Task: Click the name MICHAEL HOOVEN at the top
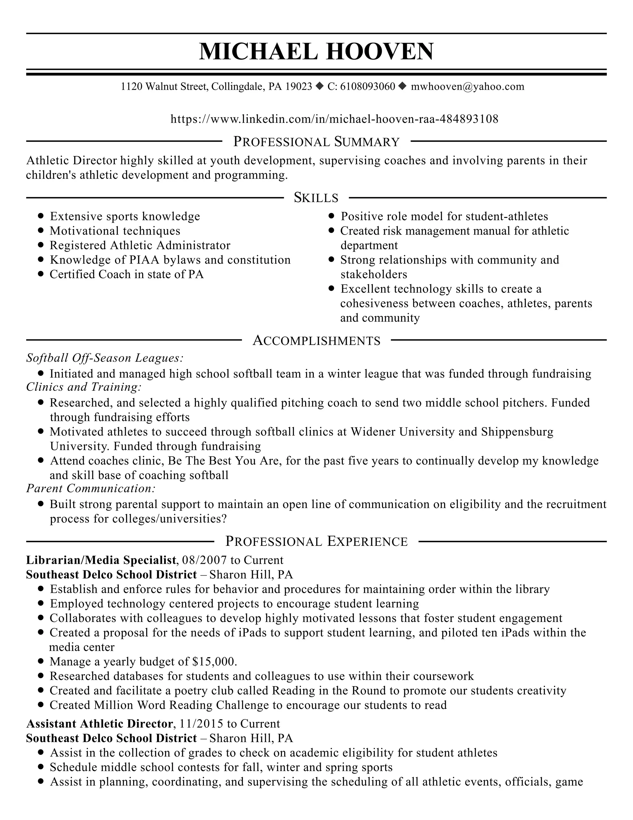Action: (316, 51)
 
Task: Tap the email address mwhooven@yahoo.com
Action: (467, 87)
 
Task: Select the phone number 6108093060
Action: (367, 87)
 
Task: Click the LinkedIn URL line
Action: (334, 119)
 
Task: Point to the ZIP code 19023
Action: (299, 87)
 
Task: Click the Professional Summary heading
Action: (316, 141)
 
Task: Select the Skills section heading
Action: (316, 197)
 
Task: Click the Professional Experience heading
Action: (316, 542)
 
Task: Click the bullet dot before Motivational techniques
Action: (41, 231)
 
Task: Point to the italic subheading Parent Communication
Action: (91, 489)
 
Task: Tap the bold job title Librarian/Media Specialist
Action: (101, 560)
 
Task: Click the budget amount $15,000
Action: (214, 662)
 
